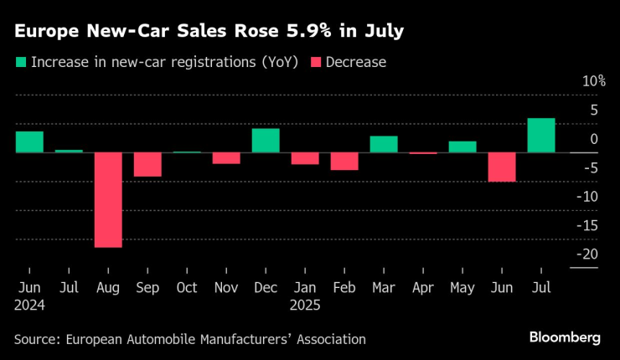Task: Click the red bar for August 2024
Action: (x=108, y=200)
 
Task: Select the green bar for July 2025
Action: (x=541, y=136)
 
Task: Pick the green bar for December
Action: (x=266, y=141)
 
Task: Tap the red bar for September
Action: (x=147, y=165)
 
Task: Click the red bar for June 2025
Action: (x=502, y=167)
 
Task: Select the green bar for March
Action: (x=384, y=144)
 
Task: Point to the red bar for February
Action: (x=344, y=162)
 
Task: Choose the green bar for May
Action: (x=462, y=147)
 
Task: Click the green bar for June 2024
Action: (x=29, y=142)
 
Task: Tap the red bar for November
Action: (x=226, y=158)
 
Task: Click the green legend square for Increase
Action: (x=19, y=62)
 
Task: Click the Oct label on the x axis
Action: (x=186, y=287)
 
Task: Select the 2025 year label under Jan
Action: (x=306, y=306)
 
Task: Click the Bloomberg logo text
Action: (x=565, y=337)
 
